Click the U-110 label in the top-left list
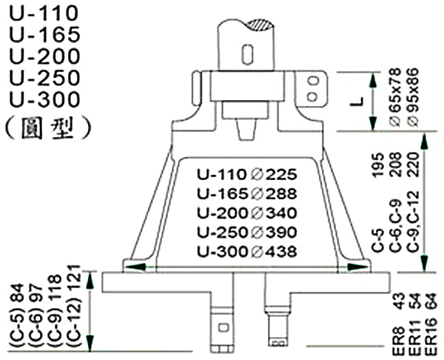44,13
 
